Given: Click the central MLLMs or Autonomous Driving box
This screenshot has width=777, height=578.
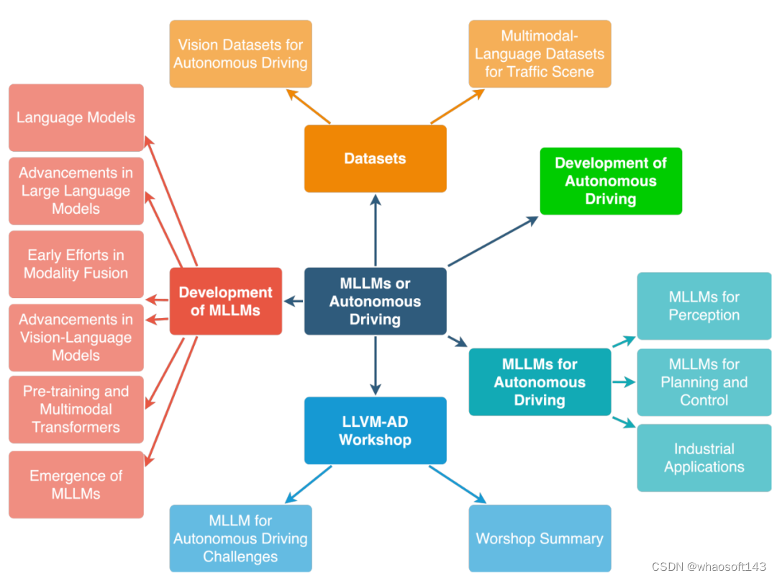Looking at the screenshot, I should tap(375, 301).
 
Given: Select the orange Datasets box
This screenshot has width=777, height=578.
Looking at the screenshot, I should tap(375, 158).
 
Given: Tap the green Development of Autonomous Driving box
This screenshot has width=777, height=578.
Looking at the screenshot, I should tap(610, 181).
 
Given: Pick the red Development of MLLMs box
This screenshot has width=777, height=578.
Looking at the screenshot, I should tap(225, 301).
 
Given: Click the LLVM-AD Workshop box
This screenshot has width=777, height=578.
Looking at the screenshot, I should tap(375, 430).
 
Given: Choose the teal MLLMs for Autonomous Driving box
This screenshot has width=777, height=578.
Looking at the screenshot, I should tap(540, 381).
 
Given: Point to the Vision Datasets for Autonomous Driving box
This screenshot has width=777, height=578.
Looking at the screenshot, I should tap(240, 54).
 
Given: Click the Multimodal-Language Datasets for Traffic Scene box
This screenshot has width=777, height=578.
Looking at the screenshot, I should tap(540, 54).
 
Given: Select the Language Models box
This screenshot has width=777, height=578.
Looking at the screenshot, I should tap(76, 117).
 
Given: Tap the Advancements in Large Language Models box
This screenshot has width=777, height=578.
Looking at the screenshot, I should tap(76, 191).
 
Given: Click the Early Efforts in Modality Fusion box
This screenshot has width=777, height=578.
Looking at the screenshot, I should tap(76, 264).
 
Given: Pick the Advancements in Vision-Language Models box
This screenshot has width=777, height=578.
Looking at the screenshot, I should tap(76, 338).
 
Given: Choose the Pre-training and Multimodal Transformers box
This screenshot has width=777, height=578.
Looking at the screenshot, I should tap(76, 409).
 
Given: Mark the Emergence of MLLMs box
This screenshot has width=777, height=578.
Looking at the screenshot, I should tap(76, 484).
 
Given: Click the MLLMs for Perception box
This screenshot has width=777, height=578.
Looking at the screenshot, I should tap(704, 306).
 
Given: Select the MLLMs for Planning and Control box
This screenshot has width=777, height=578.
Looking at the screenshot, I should tap(704, 382).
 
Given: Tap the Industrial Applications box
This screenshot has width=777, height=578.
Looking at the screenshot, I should tap(704, 458).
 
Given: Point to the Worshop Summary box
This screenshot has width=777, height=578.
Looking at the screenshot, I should tap(540, 538).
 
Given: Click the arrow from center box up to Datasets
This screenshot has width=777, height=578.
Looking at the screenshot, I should tap(375, 230).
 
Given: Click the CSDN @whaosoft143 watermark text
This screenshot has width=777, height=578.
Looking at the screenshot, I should tap(709, 567).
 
